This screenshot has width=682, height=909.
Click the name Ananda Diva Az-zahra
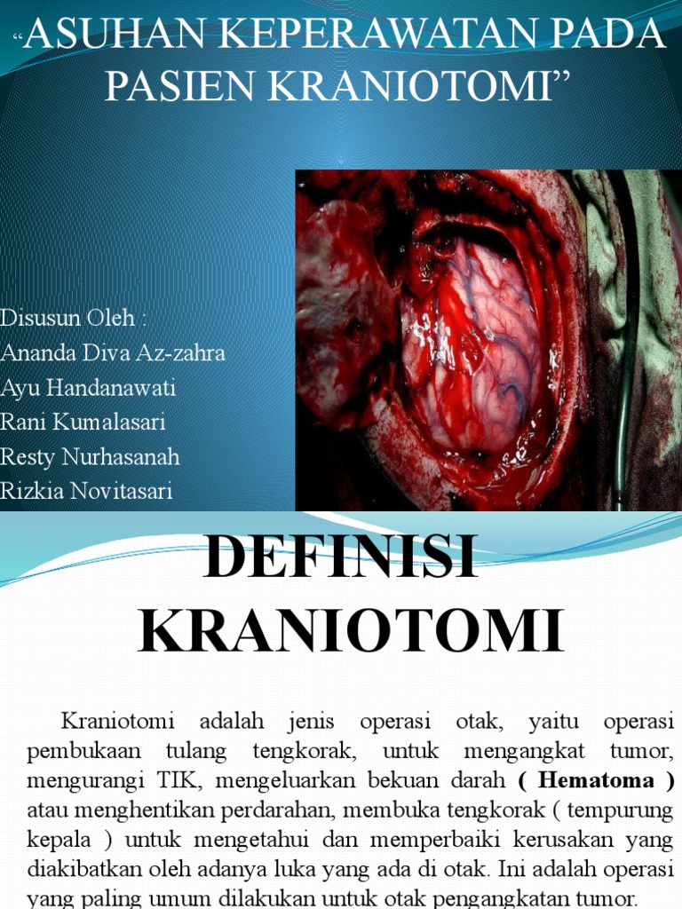113,352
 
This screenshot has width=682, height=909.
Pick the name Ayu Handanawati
88,387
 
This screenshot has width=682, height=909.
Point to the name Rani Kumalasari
83,422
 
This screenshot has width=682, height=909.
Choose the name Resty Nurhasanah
91,456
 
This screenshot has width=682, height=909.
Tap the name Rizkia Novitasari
87,491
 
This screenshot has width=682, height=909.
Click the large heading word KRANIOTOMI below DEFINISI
351,632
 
